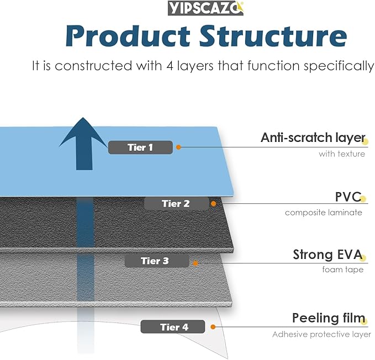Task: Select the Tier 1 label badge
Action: click(x=140, y=147)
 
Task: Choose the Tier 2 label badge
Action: click(x=176, y=203)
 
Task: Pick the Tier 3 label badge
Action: click(x=155, y=261)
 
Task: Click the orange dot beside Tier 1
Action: click(x=179, y=147)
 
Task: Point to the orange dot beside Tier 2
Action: click(x=214, y=203)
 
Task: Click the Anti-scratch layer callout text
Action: click(x=313, y=138)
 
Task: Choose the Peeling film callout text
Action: click(x=329, y=319)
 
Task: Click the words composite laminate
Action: click(x=324, y=213)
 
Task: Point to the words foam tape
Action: click(x=343, y=270)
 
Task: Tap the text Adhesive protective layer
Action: click(x=321, y=334)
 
